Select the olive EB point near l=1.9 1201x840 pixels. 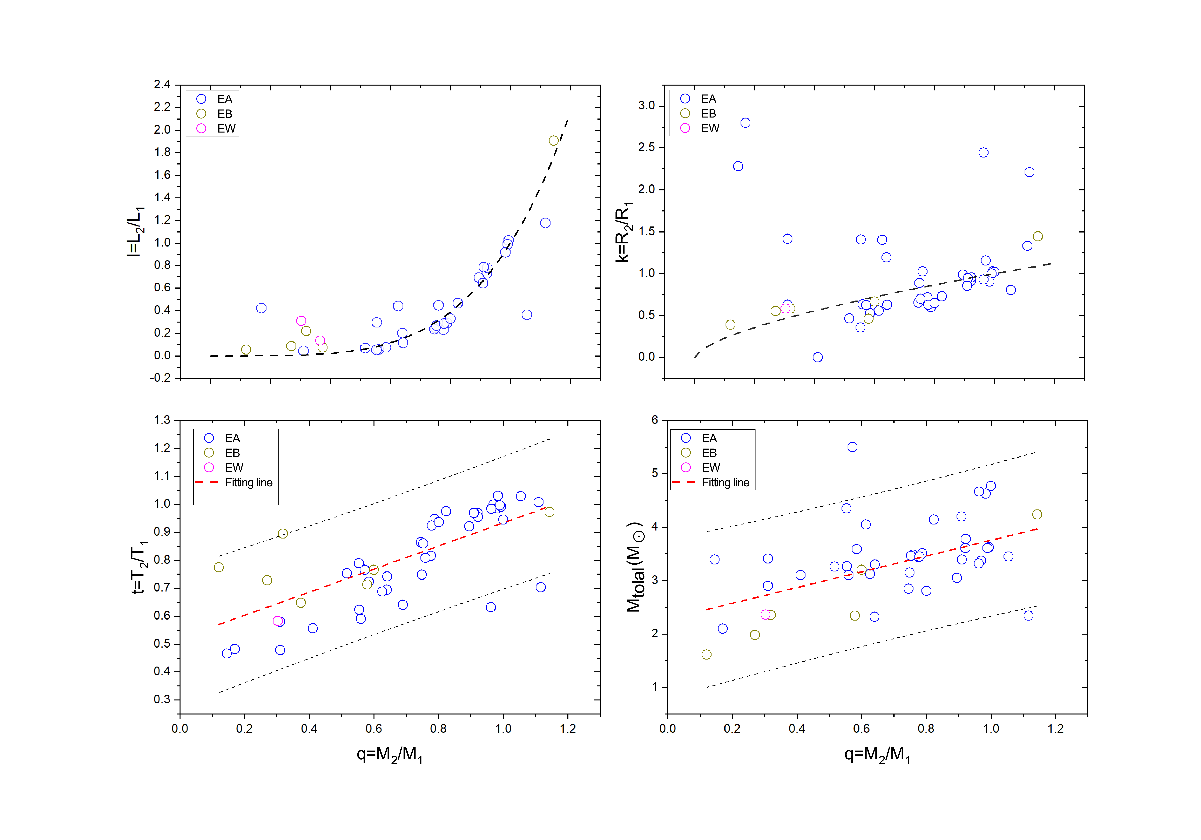[553, 141]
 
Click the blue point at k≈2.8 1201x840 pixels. [745, 123]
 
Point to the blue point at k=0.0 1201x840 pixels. [818, 357]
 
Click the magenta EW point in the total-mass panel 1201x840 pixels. [765, 615]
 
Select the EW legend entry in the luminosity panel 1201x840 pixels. [226, 129]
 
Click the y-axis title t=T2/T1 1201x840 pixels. [139, 568]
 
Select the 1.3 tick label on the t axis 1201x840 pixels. [162, 420]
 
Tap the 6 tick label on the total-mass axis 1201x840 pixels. [654, 420]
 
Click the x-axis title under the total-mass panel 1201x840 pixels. [877, 755]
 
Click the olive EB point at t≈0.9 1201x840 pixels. [282, 533]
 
